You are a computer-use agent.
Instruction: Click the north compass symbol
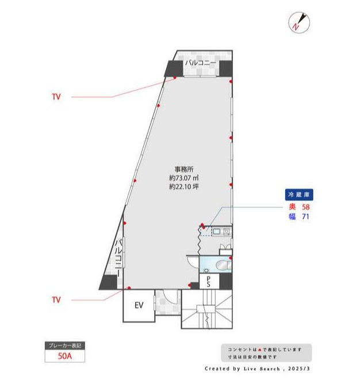tap(299, 22)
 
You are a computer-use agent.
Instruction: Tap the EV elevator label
tap(139, 305)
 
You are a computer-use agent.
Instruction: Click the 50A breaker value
tap(65, 356)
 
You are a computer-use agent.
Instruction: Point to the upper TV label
tap(56, 97)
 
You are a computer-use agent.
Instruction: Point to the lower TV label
tap(56, 300)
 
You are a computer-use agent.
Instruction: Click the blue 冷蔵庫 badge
tap(299, 195)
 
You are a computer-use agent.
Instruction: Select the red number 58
tap(306, 207)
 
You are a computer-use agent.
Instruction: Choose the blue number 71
tap(306, 216)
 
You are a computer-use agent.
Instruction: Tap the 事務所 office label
tap(184, 169)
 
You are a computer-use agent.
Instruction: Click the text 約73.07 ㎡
tap(184, 178)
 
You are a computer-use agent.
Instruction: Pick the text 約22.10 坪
tap(184, 187)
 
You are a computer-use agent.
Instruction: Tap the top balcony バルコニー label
tap(201, 63)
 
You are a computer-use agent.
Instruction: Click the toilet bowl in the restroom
tap(222, 265)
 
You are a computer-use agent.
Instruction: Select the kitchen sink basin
tap(216, 231)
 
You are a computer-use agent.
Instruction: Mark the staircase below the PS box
tap(207, 309)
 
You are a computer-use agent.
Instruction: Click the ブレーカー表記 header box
tap(65, 345)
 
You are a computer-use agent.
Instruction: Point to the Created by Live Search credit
tap(257, 368)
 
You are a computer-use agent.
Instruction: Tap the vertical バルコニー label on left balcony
tap(118, 258)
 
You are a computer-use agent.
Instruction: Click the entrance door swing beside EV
tap(171, 297)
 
